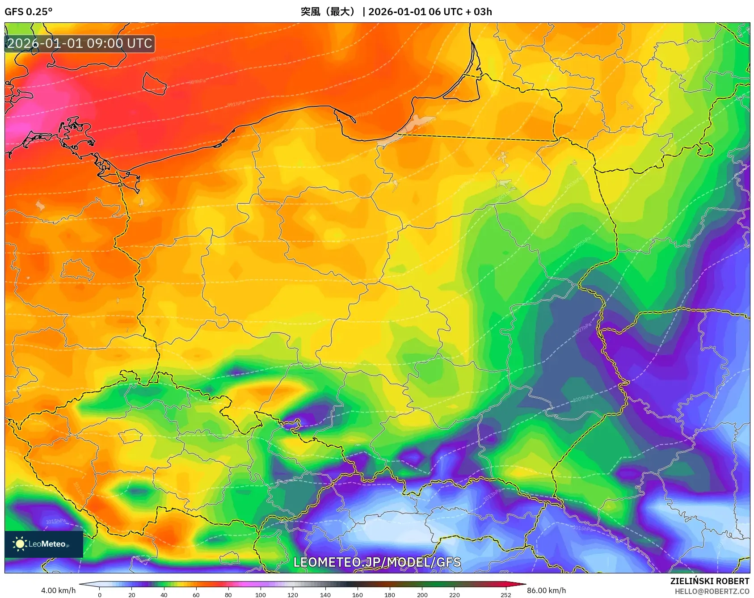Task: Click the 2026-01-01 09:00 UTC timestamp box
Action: tap(80, 43)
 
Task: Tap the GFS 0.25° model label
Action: tap(28, 12)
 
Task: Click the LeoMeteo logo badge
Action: tap(43, 544)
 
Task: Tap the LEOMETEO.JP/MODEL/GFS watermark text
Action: tap(377, 562)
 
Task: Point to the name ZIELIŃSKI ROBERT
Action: tap(709, 581)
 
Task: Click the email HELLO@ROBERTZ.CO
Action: tap(712, 591)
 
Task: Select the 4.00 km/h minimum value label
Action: tap(58, 590)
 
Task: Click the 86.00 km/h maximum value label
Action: tap(546, 590)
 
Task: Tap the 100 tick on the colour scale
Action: tap(261, 595)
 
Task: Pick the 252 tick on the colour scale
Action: tap(505, 595)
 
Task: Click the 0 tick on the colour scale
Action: tap(99, 595)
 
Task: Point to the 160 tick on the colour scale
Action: tap(357, 595)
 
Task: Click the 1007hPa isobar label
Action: tap(582, 328)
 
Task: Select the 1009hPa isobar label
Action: tap(583, 398)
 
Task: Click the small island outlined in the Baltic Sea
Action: tap(154, 84)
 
